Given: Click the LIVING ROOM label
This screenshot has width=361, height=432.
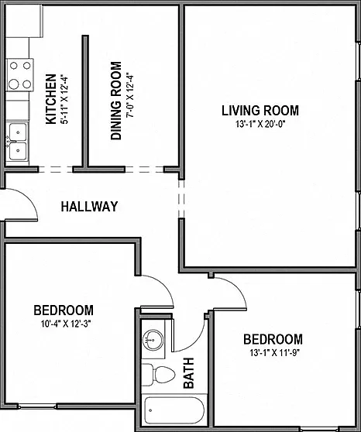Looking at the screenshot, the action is [x=260, y=111].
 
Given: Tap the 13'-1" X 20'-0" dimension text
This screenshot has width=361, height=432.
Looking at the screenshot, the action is [x=260, y=125].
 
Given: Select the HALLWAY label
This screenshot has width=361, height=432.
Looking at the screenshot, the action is [x=89, y=207].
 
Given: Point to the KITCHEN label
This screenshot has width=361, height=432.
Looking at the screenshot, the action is [x=51, y=99].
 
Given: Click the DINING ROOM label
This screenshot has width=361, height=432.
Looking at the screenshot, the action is [x=116, y=101].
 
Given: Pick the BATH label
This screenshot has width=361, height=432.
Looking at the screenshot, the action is [x=189, y=373].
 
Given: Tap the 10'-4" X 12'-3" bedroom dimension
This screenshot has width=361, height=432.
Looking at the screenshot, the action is [x=66, y=324].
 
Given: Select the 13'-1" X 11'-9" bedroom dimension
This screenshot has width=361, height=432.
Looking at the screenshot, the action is [x=275, y=353].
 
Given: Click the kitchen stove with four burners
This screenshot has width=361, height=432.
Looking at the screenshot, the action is [x=20, y=74].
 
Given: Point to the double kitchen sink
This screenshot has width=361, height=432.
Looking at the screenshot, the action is [x=18, y=142].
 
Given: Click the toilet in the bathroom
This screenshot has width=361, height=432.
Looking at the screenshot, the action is [x=158, y=375].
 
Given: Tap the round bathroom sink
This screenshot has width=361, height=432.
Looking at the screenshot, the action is [x=153, y=340].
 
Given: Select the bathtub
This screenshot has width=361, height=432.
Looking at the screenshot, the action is [x=174, y=410].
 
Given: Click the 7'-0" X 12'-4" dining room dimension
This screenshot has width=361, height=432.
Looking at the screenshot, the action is [x=130, y=95].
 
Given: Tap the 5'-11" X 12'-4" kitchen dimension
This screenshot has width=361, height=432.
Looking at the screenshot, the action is [x=64, y=99].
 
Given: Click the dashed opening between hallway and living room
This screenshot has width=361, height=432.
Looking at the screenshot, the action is [x=181, y=199].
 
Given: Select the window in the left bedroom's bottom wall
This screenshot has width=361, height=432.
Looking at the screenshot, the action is [x=38, y=406].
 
